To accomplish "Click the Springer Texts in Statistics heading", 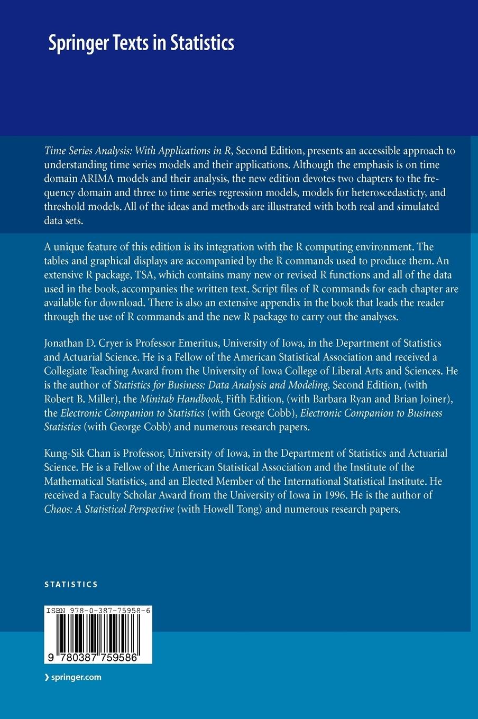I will [141, 43].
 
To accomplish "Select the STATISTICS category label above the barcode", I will [71, 584].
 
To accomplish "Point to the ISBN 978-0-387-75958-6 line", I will [98, 610].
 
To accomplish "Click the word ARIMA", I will [93, 178].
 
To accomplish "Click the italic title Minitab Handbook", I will [188, 399].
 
